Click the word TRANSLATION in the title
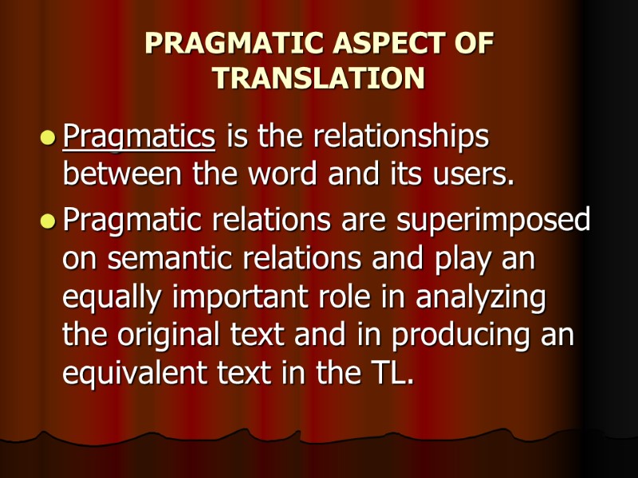319,78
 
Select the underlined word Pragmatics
139,138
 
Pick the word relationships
400,138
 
